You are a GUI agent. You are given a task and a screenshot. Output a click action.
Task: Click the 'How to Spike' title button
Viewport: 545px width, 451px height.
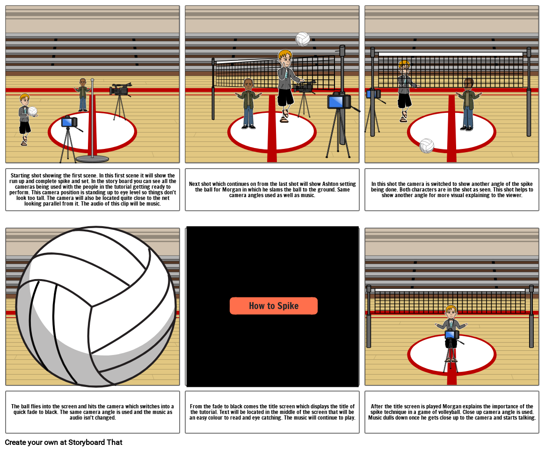tap(274, 306)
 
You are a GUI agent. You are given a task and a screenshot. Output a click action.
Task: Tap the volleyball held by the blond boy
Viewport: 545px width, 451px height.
tap(32, 111)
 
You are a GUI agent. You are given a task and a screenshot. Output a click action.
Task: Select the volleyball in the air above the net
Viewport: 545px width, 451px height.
tap(303, 39)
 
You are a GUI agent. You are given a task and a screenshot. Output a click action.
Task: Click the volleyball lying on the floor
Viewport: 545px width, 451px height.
tap(427, 146)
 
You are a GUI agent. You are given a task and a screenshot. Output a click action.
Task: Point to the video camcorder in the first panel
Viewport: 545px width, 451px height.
tap(120, 89)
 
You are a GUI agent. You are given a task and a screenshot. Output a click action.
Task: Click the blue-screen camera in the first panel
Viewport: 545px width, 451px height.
tap(70, 121)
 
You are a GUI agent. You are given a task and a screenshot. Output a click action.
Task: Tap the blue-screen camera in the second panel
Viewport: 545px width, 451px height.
tap(339, 101)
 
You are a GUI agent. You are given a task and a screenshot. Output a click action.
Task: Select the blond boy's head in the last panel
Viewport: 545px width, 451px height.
tap(451, 312)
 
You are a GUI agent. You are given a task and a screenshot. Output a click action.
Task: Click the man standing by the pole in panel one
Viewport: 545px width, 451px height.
tap(83, 95)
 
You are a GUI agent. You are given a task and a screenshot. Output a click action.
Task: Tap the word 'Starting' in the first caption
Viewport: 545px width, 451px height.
tap(20, 175)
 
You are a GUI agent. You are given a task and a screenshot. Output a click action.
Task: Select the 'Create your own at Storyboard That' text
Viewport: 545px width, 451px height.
tap(64, 442)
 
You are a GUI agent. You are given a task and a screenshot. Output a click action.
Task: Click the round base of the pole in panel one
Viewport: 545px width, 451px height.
tap(92, 159)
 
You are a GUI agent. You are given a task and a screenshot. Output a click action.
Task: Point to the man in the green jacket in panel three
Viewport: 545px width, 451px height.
tap(469, 104)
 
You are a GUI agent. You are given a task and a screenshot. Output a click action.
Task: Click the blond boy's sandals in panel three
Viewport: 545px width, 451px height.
tap(403, 117)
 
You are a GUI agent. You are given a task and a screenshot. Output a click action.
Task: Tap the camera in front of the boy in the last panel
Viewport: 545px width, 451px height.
tap(451, 335)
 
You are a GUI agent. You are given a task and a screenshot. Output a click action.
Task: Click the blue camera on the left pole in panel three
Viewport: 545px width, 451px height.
tap(374, 94)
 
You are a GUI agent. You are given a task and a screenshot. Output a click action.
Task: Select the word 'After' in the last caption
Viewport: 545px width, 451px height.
tap(377, 406)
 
